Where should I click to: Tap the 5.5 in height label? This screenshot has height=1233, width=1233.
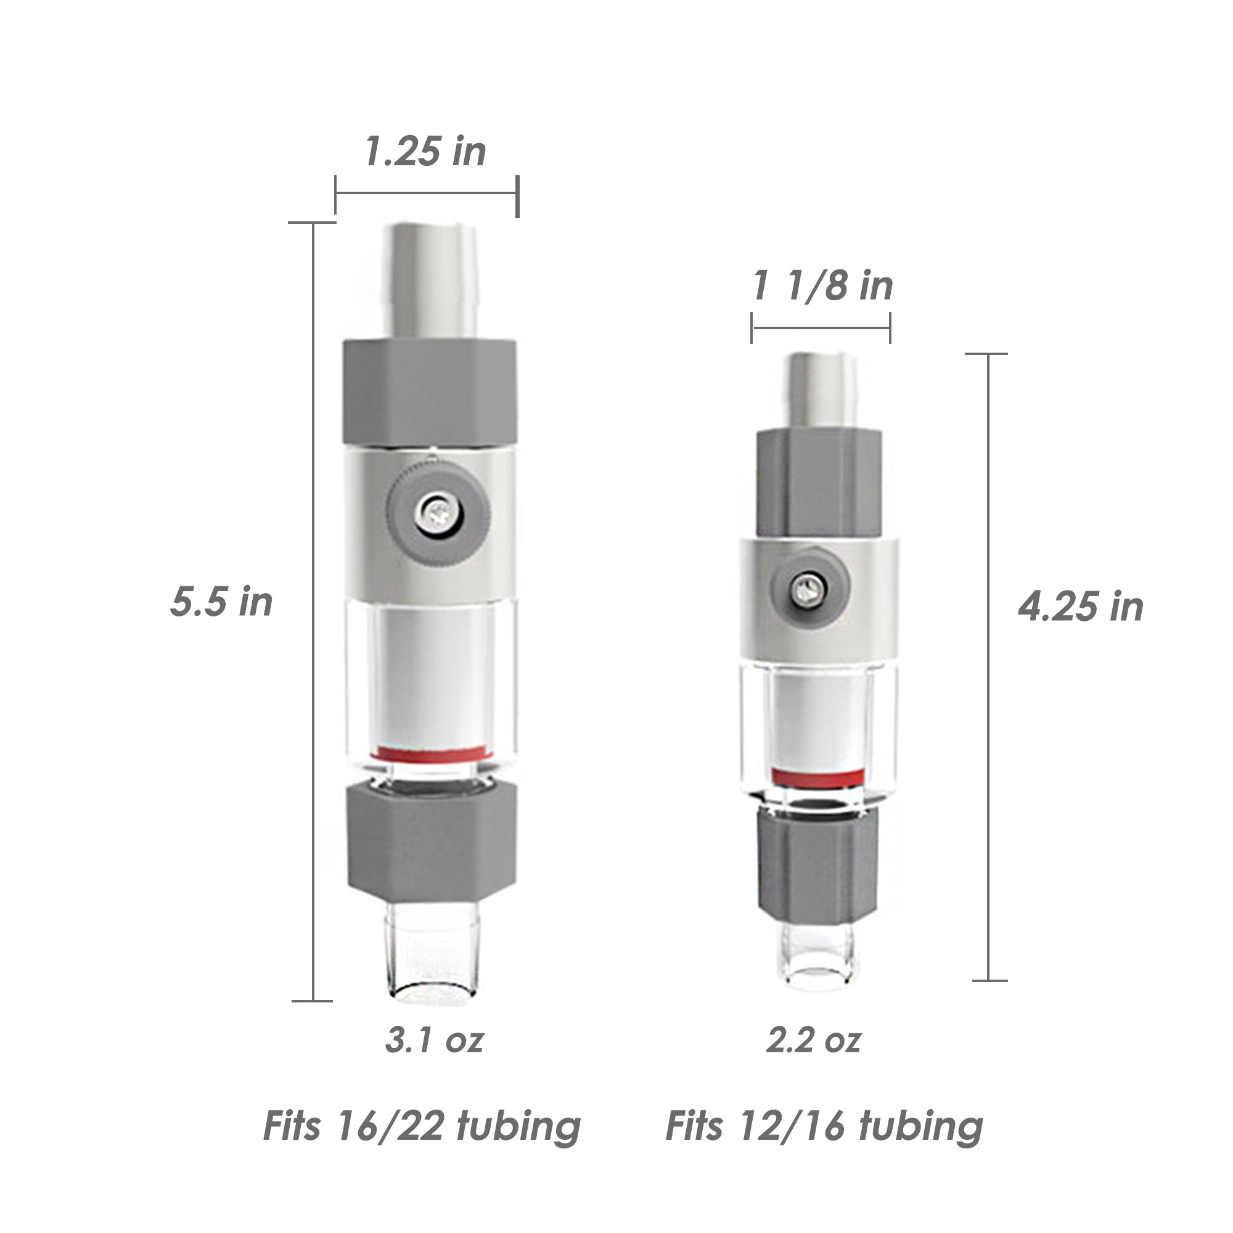[x=221, y=602]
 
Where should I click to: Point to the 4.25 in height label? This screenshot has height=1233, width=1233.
[x=1081, y=606]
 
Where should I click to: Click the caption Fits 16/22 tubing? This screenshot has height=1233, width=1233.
[x=422, y=1126]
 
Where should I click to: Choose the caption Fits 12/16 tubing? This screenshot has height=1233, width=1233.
[x=824, y=1126]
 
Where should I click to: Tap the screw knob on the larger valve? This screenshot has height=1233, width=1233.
[x=438, y=511]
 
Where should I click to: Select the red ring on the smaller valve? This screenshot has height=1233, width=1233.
[x=817, y=777]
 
